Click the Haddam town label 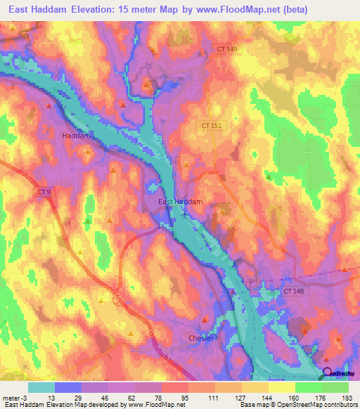[77, 135]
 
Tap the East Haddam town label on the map [180, 202]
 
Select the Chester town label [201, 338]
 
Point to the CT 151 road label [210, 125]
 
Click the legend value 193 [349, 397]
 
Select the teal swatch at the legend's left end [41, 387]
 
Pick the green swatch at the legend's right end [335, 387]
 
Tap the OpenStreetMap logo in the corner [339, 375]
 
